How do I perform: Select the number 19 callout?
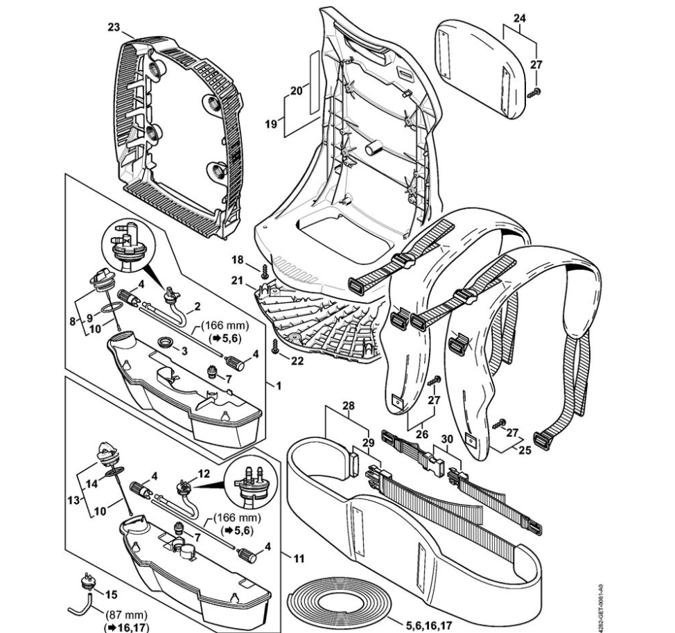click(x=270, y=124)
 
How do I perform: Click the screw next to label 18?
click(x=264, y=270)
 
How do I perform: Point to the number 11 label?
click(x=299, y=558)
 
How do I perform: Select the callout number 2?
click(x=198, y=306)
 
